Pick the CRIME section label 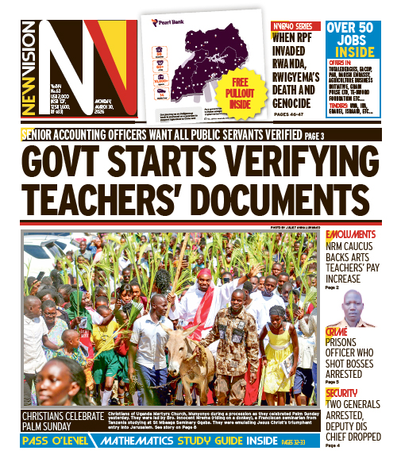337,331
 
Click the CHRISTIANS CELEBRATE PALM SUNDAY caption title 64,421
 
